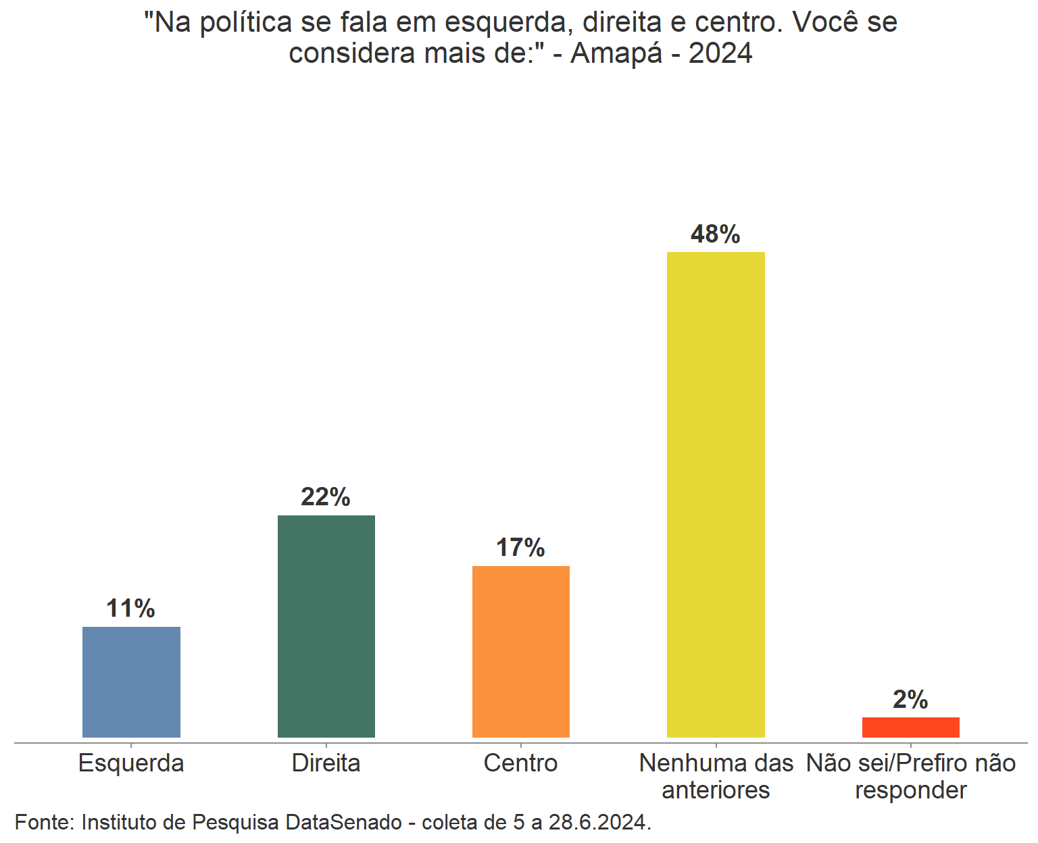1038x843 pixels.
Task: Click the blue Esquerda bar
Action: coord(131,682)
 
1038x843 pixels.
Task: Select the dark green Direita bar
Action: coord(326,626)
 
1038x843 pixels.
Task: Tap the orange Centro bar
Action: coord(520,651)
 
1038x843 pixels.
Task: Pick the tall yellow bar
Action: coord(716,494)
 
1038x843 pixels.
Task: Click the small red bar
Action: coord(910,727)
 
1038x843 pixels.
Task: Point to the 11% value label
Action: coord(131,609)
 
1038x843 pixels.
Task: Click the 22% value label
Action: coord(326,497)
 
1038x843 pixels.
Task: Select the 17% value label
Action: coord(520,548)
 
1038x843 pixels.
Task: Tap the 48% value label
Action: coord(716,234)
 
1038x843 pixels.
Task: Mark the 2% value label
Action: coord(910,699)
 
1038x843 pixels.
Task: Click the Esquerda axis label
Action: coord(131,763)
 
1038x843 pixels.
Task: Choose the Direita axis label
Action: coord(326,763)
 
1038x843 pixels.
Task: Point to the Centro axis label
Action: coord(520,763)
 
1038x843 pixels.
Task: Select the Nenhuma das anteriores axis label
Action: coord(716,776)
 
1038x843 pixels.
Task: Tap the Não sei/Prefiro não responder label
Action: coord(910,776)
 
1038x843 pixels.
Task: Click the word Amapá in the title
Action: coord(616,53)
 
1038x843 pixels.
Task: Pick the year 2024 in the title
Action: coord(720,53)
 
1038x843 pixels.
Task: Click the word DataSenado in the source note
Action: coord(343,822)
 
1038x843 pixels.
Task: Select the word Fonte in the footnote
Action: coord(45,822)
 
